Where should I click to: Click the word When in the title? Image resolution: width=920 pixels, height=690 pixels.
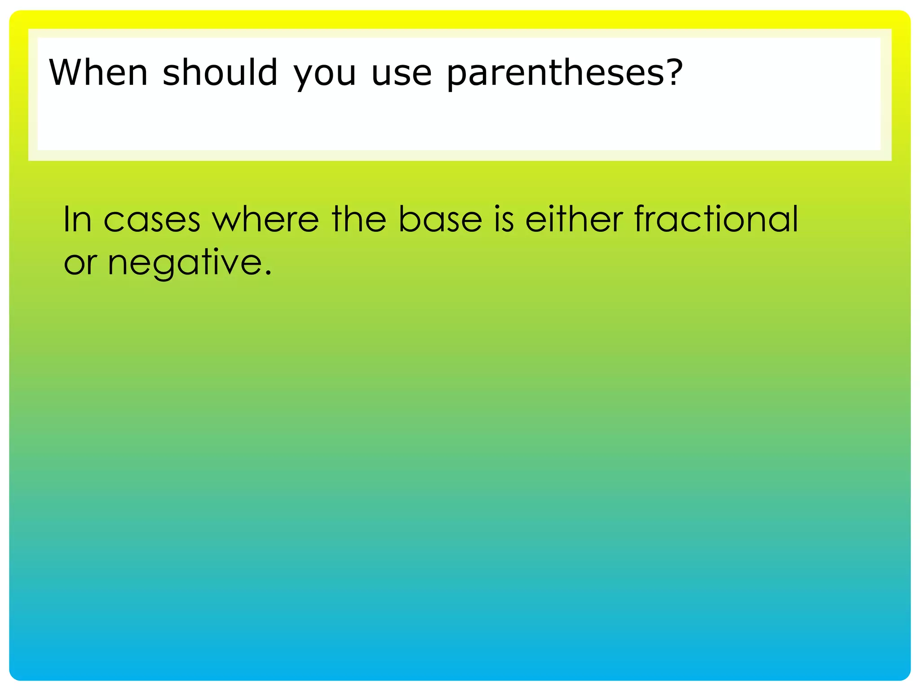coord(98,73)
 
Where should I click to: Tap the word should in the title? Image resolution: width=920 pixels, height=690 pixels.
coord(220,73)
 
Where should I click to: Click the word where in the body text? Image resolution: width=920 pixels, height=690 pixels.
coord(265,219)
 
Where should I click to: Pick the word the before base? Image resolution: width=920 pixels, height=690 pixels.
coord(359,219)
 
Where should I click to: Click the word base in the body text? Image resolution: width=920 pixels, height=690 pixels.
coord(440,219)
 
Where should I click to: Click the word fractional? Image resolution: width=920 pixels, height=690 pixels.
coord(716,219)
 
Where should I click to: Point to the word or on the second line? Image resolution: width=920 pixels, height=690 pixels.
coord(80,263)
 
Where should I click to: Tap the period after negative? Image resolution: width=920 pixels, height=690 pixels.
coord(268,273)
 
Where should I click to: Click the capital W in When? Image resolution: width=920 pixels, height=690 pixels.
coord(67,73)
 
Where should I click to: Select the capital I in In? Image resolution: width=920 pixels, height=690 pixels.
coord(66,219)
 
